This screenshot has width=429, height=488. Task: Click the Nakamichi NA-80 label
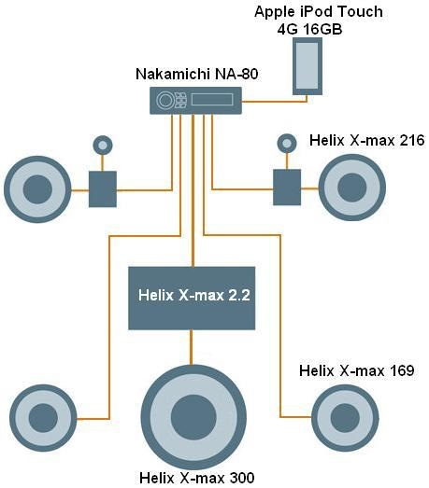(x=196, y=74)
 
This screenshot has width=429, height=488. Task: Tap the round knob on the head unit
(x=165, y=100)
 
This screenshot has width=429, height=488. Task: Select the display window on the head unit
(x=212, y=100)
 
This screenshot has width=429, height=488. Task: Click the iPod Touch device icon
(x=307, y=66)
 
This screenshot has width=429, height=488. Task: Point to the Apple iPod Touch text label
(x=319, y=21)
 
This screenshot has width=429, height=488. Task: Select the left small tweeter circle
(x=103, y=145)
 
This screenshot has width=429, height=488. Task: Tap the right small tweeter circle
(x=287, y=143)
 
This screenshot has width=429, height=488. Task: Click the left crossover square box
(x=103, y=188)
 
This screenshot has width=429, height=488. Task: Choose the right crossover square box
(x=287, y=187)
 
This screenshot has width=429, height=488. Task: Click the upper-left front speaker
(x=37, y=189)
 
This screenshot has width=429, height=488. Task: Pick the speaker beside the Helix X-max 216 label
(x=351, y=188)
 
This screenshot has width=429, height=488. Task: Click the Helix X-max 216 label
(x=366, y=140)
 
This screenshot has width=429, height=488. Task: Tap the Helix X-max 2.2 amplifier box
(x=192, y=299)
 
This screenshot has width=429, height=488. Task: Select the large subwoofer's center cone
(x=193, y=417)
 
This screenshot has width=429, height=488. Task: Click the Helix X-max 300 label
(x=196, y=478)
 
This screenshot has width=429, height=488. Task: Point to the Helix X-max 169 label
(x=357, y=370)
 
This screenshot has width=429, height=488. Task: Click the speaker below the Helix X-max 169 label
(x=345, y=418)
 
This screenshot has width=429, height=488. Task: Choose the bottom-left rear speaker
(x=43, y=418)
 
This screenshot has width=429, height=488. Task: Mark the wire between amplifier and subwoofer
(x=191, y=347)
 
